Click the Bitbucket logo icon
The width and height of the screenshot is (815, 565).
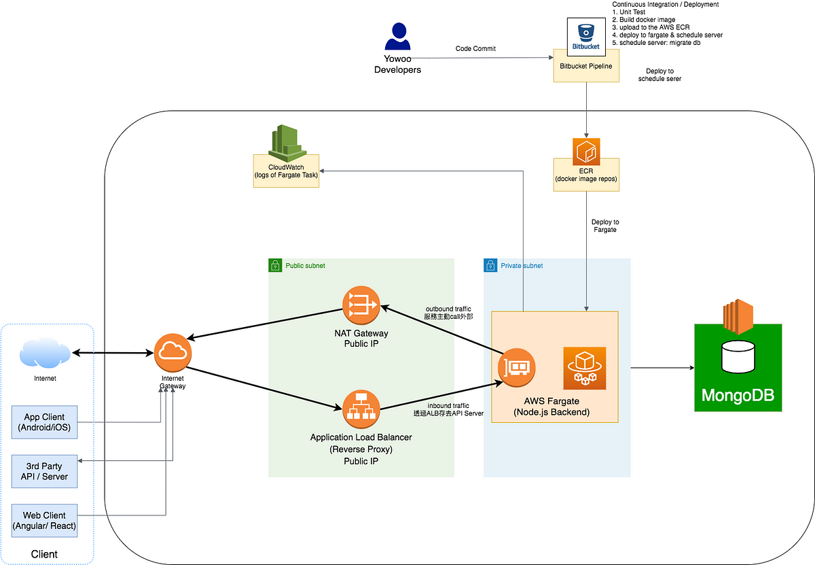tap(585, 37)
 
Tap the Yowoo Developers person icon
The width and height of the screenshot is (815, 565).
tap(398, 36)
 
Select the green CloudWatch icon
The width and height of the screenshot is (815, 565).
tap(287, 143)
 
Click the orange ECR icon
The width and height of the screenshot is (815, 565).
tap(586, 152)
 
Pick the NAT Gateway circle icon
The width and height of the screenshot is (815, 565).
tap(361, 305)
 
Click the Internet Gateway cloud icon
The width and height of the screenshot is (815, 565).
tap(173, 353)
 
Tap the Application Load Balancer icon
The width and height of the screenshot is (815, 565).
tap(361, 409)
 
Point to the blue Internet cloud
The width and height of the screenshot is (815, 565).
tap(45, 353)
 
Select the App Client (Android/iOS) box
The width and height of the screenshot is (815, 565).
tap(44, 422)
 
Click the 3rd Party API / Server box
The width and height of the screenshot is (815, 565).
tap(44, 471)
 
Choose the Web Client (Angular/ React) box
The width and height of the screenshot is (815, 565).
tap(44, 521)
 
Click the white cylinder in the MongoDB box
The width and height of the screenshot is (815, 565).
tap(738, 357)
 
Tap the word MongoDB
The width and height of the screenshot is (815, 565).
tap(738, 395)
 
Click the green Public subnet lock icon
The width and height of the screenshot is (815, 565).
tap(275, 265)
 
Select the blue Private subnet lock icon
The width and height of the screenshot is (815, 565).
tap(490, 265)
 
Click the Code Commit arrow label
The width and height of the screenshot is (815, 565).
tap(475, 48)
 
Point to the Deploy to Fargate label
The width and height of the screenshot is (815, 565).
tap(605, 226)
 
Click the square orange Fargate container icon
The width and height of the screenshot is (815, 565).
tap(585, 369)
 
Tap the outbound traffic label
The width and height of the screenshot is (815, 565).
tap(448, 309)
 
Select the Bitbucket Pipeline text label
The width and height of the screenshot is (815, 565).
tap(585, 66)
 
